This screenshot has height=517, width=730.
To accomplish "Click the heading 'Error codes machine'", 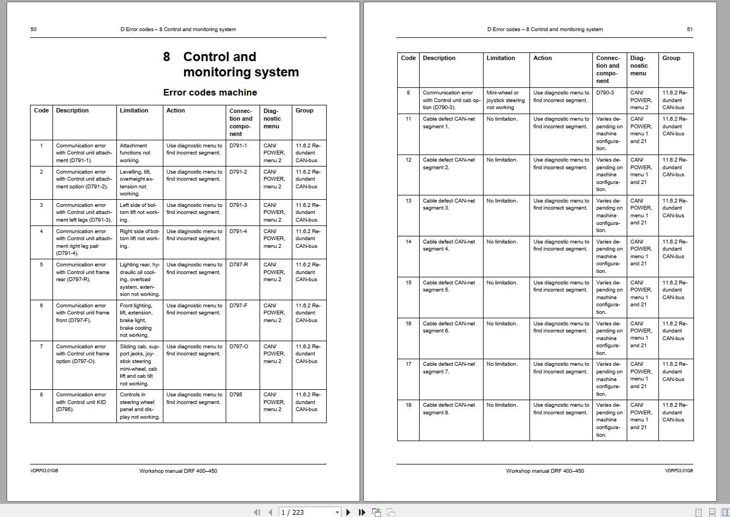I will tap(210, 92).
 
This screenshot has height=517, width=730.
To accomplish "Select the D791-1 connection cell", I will tap(238, 146).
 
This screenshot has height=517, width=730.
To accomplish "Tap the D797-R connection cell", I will tap(238, 265).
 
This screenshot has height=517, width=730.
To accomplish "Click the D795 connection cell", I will tap(236, 395).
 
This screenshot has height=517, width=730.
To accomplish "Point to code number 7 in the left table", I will tap(42, 347).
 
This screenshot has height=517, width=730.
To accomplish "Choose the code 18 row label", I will tap(408, 405).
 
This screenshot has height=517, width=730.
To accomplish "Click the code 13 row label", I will tap(408, 201).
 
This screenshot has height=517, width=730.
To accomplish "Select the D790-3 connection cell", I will tap(605, 93).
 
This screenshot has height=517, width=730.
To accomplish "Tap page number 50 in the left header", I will tap(33, 29).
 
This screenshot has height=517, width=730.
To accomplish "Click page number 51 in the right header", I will tap(690, 29).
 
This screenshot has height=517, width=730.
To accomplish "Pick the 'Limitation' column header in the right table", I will tap(501, 58).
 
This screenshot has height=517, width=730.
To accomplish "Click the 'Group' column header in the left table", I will tap(304, 110).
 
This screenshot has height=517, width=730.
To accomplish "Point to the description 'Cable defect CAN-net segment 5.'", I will tap(449, 286).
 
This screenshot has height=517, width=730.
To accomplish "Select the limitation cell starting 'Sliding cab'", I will tap(139, 365).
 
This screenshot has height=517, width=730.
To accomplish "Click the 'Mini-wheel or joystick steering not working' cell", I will tap(505, 100).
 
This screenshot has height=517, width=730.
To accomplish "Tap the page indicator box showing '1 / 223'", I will tap(309, 512).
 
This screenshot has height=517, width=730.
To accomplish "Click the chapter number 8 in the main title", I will tap(167, 57).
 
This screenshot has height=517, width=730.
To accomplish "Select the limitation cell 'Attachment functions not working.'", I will tap(135, 153).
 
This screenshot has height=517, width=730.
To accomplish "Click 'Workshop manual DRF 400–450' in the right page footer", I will tap(545, 471).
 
